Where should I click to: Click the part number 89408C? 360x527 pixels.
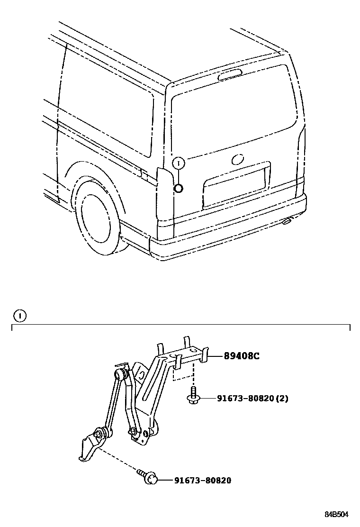[x=242, y=356]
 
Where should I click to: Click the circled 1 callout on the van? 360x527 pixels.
[x=179, y=163]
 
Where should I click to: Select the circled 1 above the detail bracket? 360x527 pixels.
[x=19, y=315]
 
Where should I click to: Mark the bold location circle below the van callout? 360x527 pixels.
[x=179, y=189]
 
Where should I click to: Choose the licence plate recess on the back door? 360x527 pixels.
[x=234, y=187]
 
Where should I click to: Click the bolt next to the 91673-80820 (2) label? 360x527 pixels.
[x=193, y=397]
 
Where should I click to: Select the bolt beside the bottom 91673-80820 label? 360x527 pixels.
[x=151, y=479]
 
